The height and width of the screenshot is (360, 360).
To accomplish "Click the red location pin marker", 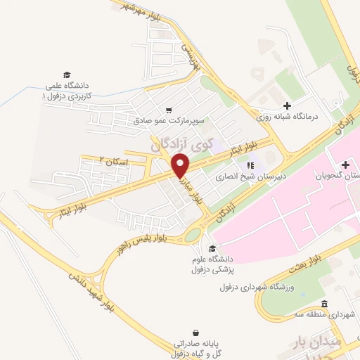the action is pos(181,166).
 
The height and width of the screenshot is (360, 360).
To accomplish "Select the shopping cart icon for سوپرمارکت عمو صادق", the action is pos(169,110).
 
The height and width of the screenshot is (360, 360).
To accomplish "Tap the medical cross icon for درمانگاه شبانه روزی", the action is pos(287,105).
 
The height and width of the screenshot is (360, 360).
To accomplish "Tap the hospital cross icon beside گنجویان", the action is pos(345,164).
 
